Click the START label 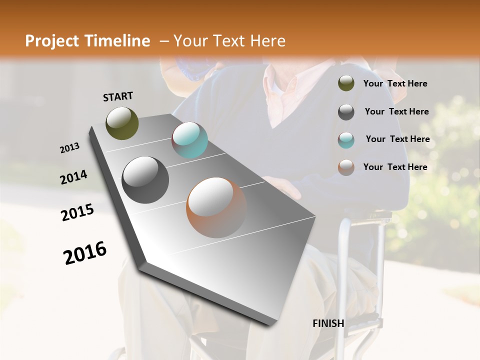point(118,96)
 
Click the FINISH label point(328,323)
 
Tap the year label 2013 point(69,148)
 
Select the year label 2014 point(73,177)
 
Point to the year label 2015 point(77,212)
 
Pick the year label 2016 point(85,253)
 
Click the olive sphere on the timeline point(122,123)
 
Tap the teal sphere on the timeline point(189,140)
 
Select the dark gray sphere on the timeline point(145,179)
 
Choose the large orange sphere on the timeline point(216,207)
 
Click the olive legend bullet point(346,83)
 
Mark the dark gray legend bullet point(346,112)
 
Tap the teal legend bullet point(346,140)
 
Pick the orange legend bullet point(346,167)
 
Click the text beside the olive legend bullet point(395,83)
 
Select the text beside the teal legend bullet point(397,139)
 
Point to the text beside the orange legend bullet point(395,167)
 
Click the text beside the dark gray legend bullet point(396,111)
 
